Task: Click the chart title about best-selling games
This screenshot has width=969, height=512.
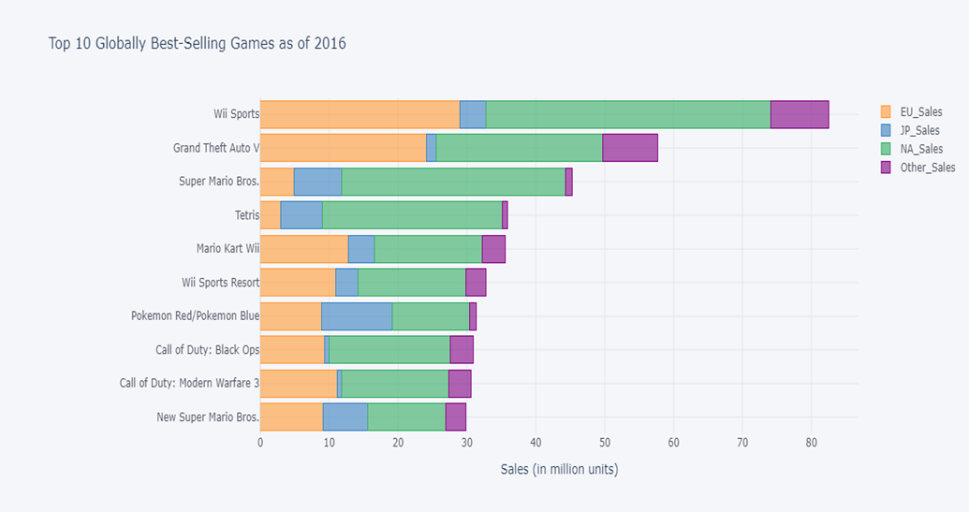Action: point(198,43)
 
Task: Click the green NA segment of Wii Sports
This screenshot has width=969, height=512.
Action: point(627,114)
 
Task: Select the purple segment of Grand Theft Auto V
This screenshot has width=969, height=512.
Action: point(629,148)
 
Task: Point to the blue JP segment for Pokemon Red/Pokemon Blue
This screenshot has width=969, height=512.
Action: point(357,316)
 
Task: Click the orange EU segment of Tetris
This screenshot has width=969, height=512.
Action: point(270,215)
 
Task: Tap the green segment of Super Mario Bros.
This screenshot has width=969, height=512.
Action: point(453,182)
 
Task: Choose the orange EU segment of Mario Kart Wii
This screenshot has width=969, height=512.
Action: point(303,249)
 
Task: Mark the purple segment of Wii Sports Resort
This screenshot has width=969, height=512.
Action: point(476,282)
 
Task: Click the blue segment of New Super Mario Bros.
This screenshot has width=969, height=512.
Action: point(345,417)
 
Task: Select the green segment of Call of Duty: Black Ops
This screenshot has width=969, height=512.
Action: point(389,350)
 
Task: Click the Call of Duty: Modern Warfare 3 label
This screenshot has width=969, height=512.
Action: point(189,383)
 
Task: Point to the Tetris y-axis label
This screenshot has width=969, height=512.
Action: point(246,215)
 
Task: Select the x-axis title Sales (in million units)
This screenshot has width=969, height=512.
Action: point(559,469)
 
